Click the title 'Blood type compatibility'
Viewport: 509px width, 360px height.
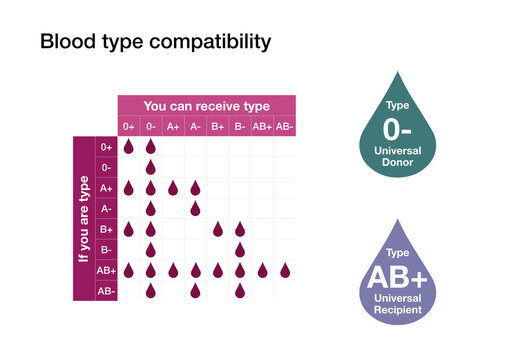tap(154, 43)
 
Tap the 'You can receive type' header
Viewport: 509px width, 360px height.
tap(206, 105)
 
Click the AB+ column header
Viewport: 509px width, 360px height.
tap(262, 126)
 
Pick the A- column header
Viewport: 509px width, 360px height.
tap(195, 126)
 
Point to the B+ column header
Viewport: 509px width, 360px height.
tap(218, 126)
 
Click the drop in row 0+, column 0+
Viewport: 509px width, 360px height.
tap(129, 146)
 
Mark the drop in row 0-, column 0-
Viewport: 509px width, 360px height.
tap(151, 167)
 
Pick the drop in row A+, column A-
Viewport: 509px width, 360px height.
tap(195, 187)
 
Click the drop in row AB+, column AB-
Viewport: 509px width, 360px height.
tap(285, 270)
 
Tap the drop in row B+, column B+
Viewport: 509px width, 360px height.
tap(218, 229)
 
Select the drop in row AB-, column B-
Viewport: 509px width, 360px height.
tap(240, 291)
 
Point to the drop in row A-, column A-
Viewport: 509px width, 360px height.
tap(195, 208)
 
